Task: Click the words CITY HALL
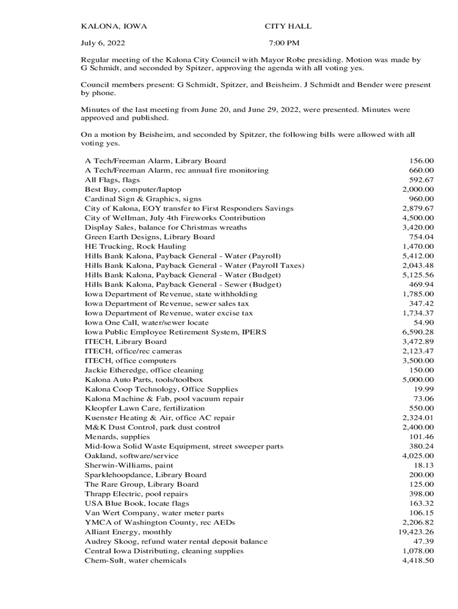[x=288, y=27]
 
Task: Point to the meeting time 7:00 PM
[x=284, y=43]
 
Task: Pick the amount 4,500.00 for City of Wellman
[x=418, y=218]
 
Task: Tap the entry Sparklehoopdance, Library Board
[x=146, y=475]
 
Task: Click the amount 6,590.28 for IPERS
[x=418, y=332]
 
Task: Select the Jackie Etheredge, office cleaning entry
[x=144, y=370]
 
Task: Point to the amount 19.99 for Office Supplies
[x=424, y=389]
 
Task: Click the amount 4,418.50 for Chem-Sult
[x=418, y=560]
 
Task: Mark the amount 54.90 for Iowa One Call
[x=424, y=322]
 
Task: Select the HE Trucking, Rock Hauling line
[x=136, y=246]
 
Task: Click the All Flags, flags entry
[x=112, y=180]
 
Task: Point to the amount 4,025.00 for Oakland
[x=418, y=456]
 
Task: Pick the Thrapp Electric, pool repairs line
[x=136, y=494]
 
